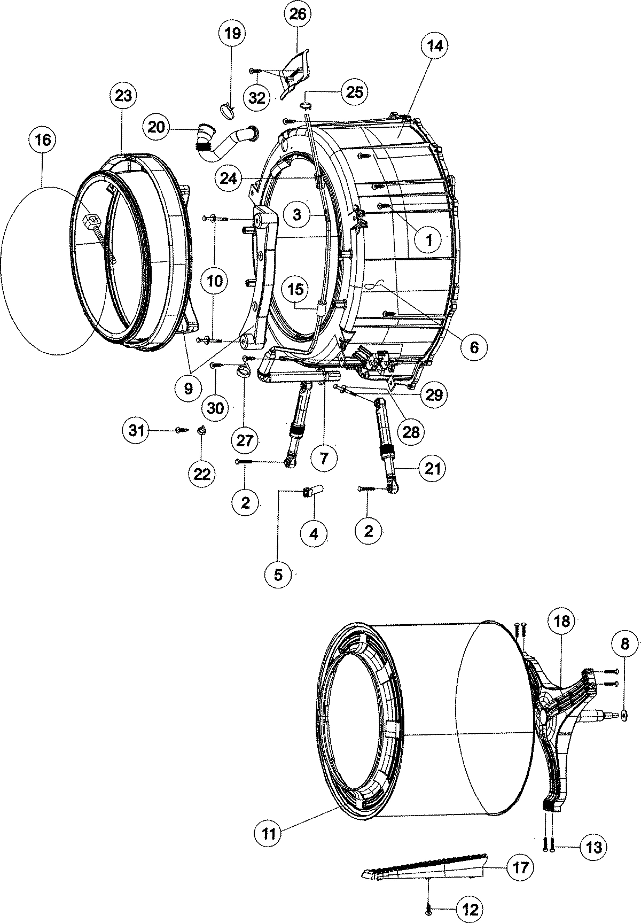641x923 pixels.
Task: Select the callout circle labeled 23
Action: point(123,96)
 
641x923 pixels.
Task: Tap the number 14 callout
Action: point(434,46)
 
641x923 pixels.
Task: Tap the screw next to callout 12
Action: point(428,906)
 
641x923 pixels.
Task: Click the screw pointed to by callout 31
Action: point(181,429)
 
